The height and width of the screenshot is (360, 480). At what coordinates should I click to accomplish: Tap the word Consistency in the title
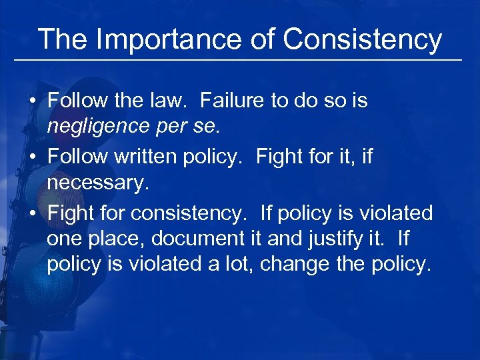tap(363, 40)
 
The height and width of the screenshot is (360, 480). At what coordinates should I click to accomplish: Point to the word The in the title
tap(62, 40)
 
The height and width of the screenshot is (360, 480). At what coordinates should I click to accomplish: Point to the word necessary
tap(95, 181)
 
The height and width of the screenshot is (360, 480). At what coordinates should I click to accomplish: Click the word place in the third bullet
tap(110, 239)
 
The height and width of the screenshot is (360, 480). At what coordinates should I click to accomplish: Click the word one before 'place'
tap(63, 239)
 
